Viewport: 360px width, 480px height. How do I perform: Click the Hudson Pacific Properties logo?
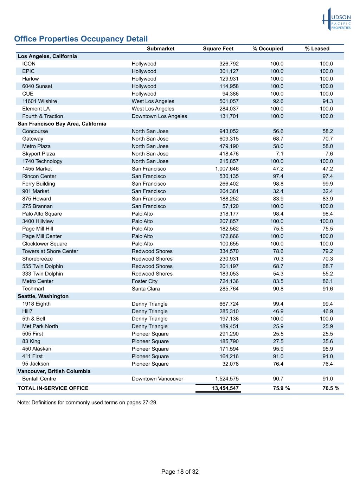pyautogui.click(x=336, y=19)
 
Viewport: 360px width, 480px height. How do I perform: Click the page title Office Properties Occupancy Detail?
pyautogui.click(x=81, y=39)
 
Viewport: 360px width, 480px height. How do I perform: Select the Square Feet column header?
pyautogui.click(x=218, y=49)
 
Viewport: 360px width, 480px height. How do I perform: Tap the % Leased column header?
pyautogui.click(x=317, y=49)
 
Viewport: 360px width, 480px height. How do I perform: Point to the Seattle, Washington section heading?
pyautogui.click(x=43, y=296)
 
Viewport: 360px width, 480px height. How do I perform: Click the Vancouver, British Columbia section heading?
pyautogui.click(x=54, y=371)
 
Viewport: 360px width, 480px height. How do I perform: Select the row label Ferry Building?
pyautogui.click(x=39, y=184)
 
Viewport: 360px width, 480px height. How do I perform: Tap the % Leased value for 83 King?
pyautogui.click(x=328, y=341)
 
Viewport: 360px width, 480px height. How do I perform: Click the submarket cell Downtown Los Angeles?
pyautogui.click(x=159, y=116)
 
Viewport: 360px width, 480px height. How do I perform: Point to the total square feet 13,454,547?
pyautogui.click(x=225, y=388)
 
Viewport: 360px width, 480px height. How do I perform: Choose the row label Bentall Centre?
pyautogui.click(x=39, y=379)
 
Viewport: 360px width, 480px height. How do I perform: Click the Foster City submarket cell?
pyautogui.click(x=144, y=281)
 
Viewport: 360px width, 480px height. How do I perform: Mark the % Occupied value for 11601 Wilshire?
pyautogui.click(x=278, y=101)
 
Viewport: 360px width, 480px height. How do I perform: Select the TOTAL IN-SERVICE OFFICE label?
pyautogui.click(x=53, y=388)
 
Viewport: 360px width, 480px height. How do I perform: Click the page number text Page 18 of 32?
pyautogui.click(x=180, y=472)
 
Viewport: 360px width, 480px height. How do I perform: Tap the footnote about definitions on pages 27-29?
pyautogui.click(x=87, y=403)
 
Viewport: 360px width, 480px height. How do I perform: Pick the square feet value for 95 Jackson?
pyautogui.click(x=230, y=364)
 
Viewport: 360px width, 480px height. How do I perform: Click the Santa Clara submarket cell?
pyautogui.click(x=146, y=289)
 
